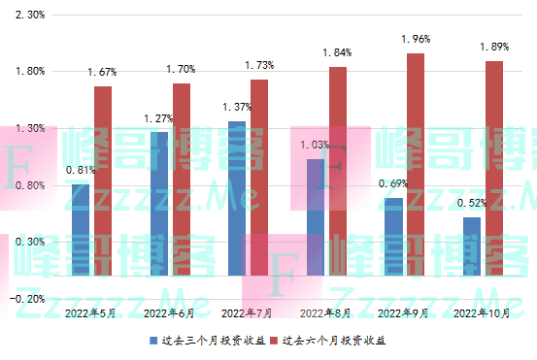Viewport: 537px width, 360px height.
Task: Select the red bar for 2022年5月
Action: pos(103,180)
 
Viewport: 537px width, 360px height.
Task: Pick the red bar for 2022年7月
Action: pos(259,178)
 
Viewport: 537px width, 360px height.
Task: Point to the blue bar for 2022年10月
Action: pos(471,246)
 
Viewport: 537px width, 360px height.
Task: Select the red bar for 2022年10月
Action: pos(494,169)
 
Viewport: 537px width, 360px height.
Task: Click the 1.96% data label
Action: pos(415,40)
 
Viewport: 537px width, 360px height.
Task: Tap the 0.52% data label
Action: pos(471,203)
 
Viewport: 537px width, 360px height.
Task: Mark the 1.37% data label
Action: pos(237,107)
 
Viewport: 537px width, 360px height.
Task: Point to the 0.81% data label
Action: pos(81,171)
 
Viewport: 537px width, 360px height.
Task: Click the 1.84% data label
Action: pos(337,52)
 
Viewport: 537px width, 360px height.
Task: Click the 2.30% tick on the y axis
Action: pos(31,15)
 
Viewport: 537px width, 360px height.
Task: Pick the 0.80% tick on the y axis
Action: pos(31,184)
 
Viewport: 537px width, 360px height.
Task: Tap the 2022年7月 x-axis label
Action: pos(247,313)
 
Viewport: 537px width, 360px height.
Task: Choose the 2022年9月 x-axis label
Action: pos(403,313)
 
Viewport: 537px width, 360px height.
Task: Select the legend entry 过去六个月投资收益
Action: pos(332,342)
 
